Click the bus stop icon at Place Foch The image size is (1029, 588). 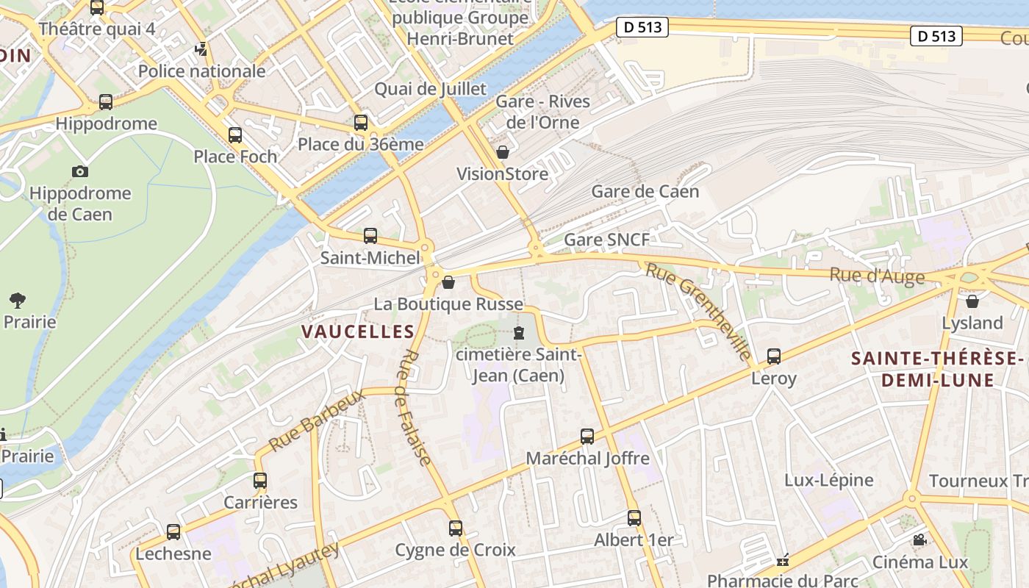coord(235,135)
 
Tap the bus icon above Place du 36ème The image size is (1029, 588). coord(361,123)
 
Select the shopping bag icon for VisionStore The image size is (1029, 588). coord(503,152)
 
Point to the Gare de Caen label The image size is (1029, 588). coord(645,192)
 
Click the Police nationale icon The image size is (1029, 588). coord(201,50)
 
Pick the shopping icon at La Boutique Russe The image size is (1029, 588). coord(448,282)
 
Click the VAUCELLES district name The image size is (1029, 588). coord(358,331)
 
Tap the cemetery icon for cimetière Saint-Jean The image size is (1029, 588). coord(520,333)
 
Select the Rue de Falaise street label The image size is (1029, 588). coord(415,408)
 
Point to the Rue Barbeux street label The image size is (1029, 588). coord(317,420)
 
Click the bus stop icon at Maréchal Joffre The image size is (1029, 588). coord(587,437)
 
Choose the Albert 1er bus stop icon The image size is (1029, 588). coord(634,518)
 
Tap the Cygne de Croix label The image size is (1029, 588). coord(455,550)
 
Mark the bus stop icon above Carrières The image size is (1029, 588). coord(260,481)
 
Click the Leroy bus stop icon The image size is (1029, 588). coord(774,356)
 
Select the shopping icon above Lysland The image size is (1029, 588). coord(972,301)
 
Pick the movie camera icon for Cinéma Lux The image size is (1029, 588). coord(919,540)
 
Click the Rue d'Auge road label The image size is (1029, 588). coord(876,276)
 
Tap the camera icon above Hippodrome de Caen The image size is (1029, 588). coord(80,171)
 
